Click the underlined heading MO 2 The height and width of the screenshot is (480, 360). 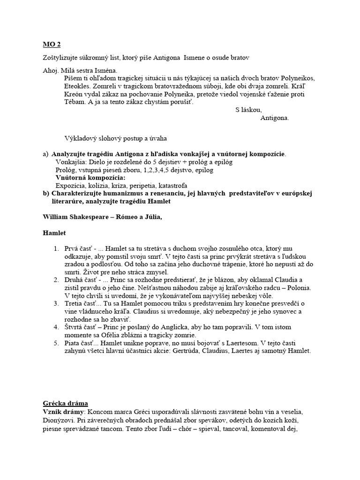click(x=51, y=45)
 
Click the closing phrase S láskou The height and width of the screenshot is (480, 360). click(x=248, y=110)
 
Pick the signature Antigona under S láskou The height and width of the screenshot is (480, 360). click(x=275, y=118)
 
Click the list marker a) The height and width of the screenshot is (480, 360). click(x=45, y=154)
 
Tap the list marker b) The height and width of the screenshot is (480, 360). click(x=45, y=193)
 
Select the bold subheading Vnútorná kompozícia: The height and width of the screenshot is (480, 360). click(x=90, y=178)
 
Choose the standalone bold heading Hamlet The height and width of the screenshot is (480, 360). click(x=54, y=233)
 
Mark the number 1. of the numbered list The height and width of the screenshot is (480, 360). click(x=56, y=248)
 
